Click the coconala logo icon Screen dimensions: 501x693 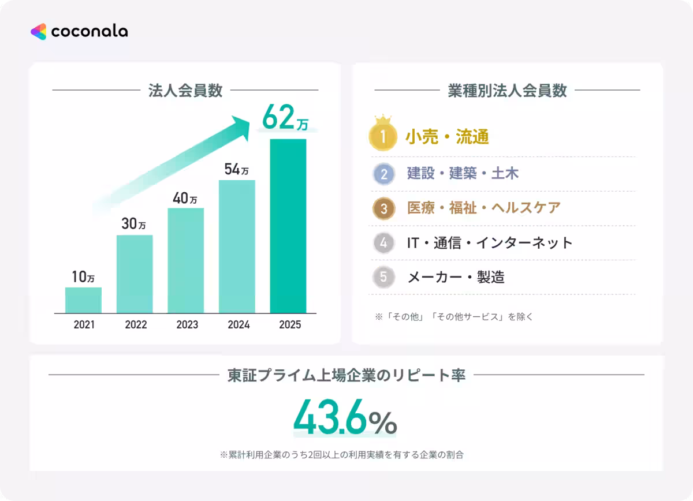click(x=39, y=32)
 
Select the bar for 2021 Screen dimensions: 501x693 click(x=83, y=300)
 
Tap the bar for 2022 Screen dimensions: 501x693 click(x=135, y=274)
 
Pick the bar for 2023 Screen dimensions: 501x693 click(x=186, y=260)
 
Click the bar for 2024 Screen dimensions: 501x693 click(x=237, y=246)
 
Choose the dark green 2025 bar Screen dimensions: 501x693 click(x=288, y=226)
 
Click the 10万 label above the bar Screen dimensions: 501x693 click(x=83, y=277)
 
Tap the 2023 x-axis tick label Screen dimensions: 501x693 click(x=187, y=325)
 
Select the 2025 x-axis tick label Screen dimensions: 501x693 click(x=290, y=325)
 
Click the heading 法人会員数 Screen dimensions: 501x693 click(x=185, y=91)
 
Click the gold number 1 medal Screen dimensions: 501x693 click(x=383, y=137)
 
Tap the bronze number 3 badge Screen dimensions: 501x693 click(x=384, y=208)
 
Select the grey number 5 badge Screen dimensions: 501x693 click(x=384, y=278)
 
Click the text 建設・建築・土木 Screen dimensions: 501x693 click(x=463, y=173)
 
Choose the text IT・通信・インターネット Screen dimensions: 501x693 click(x=490, y=243)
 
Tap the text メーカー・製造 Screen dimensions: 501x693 click(x=456, y=278)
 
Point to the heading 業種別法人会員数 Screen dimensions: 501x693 click(x=507, y=91)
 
